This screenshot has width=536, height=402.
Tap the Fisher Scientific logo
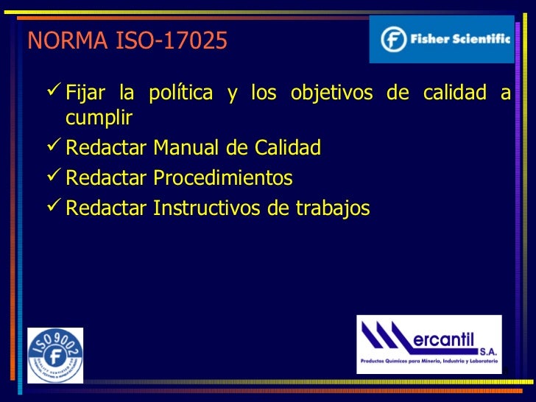point(442,39)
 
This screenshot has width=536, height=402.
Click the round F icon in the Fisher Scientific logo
point(394,39)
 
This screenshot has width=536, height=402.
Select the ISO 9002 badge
point(55,356)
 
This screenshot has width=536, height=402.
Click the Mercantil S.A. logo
point(429,344)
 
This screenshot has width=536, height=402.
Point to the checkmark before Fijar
point(53,93)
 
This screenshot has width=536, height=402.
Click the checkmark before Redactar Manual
point(53,147)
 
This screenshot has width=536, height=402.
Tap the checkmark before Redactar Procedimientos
point(53,177)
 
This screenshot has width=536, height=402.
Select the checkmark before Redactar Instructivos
point(53,208)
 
